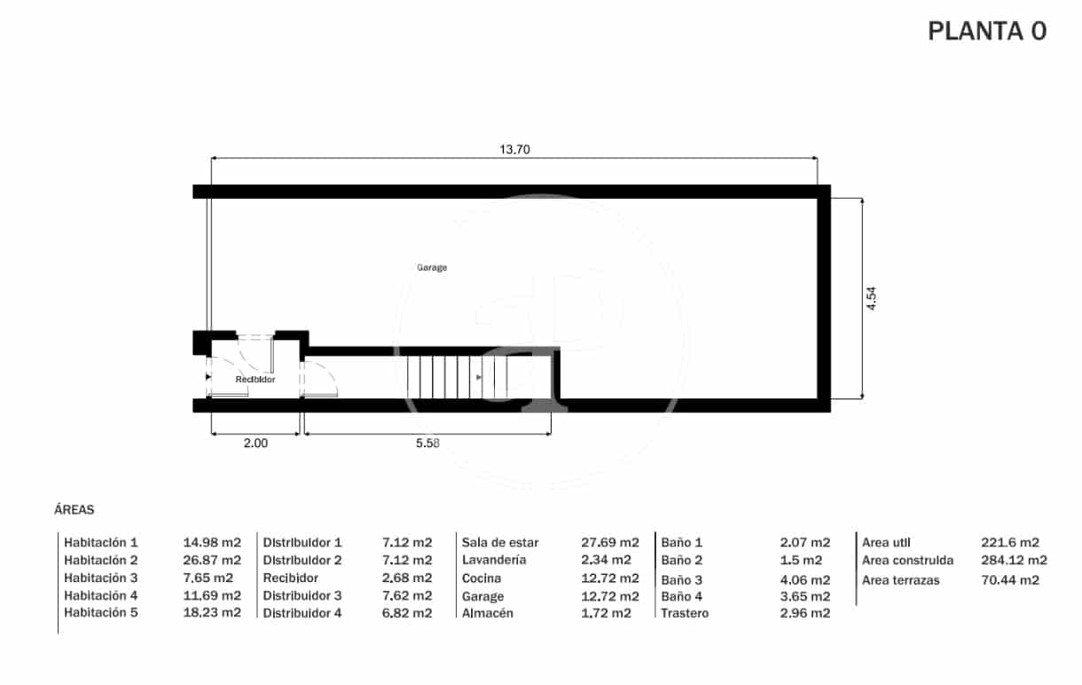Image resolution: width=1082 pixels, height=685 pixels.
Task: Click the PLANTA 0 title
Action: pyautogui.click(x=986, y=31)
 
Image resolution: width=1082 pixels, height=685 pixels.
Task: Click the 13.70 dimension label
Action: pyautogui.click(x=514, y=149)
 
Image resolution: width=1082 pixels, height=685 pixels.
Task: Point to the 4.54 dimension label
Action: pyautogui.click(x=872, y=298)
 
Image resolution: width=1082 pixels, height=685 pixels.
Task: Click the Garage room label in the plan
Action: pyautogui.click(x=432, y=267)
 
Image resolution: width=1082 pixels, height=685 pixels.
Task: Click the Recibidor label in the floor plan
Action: pyautogui.click(x=255, y=380)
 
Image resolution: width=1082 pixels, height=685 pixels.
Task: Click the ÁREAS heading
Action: pyautogui.click(x=74, y=510)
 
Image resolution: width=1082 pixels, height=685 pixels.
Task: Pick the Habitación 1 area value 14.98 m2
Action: pyautogui.click(x=212, y=542)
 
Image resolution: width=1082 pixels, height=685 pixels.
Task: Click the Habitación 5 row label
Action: pyautogui.click(x=101, y=612)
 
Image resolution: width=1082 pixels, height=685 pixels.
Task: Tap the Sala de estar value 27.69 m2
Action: pyautogui.click(x=609, y=542)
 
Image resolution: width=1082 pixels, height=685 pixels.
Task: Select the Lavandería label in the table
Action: pyautogui.click(x=494, y=560)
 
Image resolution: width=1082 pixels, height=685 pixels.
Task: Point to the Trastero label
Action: pyautogui.click(x=685, y=613)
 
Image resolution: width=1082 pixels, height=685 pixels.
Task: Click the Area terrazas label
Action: pyautogui.click(x=901, y=580)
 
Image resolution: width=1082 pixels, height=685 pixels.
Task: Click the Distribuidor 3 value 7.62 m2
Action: pyautogui.click(x=406, y=595)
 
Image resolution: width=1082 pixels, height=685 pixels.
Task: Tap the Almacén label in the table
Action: pyautogui.click(x=487, y=613)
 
